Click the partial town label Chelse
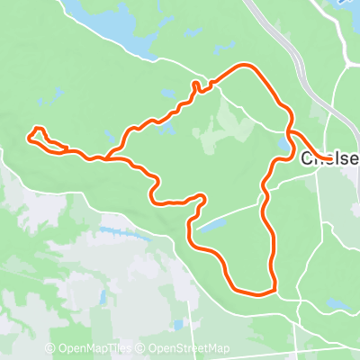pyautogui.click(x=329, y=159)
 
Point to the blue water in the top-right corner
pyautogui.click(x=346, y=4)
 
